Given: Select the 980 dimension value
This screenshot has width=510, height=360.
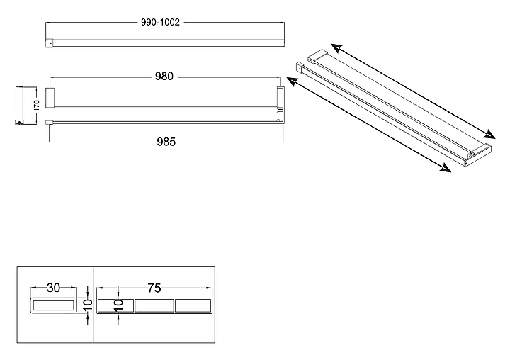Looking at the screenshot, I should coord(164,77).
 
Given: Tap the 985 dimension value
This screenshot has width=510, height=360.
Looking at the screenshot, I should coord(164,142).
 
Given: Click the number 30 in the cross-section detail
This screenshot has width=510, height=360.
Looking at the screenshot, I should coord(53,288).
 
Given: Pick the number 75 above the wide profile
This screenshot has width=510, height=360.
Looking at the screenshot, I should coord(154,288).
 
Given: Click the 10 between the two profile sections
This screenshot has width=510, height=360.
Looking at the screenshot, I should coord(87,305).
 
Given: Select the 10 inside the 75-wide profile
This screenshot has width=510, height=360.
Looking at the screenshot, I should coord(119,305).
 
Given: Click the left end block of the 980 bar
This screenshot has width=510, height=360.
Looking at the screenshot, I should coord(50,98).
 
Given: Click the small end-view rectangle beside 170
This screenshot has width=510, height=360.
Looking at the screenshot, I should coord(21,106).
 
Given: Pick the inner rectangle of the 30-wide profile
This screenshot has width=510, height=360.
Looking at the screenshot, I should coord(53,307).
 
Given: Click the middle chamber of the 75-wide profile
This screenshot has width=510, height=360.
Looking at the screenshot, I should coord(154,306).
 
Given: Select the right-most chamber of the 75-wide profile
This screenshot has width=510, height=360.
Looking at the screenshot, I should coord(193,306).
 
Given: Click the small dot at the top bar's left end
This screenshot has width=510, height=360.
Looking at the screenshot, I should coord(50,43).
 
